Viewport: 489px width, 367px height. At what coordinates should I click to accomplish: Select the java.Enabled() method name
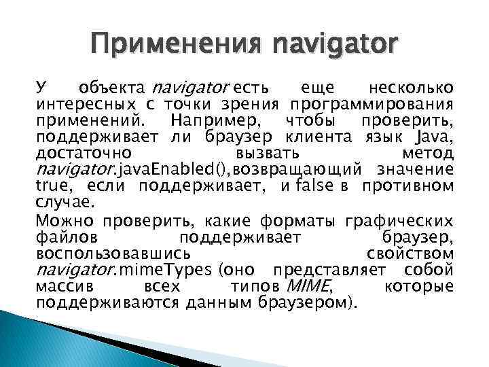(x=173, y=169)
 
